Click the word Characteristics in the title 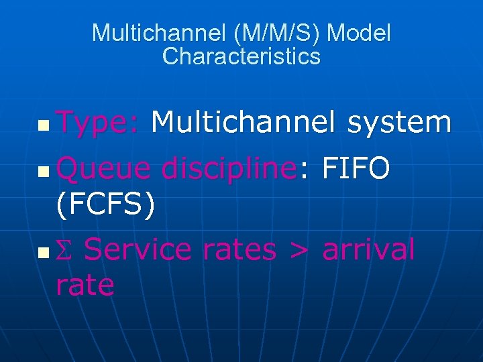tap(241, 56)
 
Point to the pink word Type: tap(98, 123)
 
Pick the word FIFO tap(356, 169)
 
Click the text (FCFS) tap(106, 205)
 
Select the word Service tap(138, 251)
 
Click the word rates tap(239, 251)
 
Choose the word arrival tap(368, 251)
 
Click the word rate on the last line tap(85, 286)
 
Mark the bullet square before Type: tap(43, 125)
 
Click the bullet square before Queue tap(43, 172)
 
